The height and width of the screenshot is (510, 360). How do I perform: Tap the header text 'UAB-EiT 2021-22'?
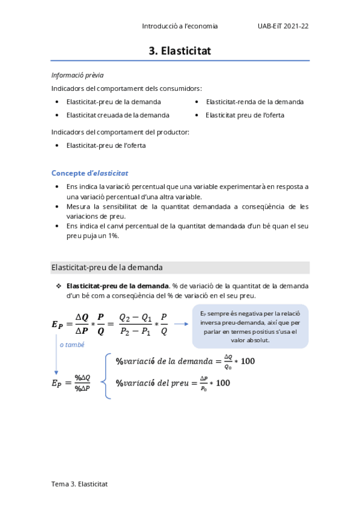coord(282,26)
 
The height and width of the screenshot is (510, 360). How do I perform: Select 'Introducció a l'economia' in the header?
coord(180,26)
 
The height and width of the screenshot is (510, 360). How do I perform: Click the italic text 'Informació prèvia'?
coord(78,75)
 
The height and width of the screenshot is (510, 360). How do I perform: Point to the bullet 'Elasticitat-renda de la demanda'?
coord(254,102)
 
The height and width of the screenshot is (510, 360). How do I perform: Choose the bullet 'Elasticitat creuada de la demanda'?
coord(118,115)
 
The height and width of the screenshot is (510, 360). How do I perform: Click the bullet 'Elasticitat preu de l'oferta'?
coord(245,115)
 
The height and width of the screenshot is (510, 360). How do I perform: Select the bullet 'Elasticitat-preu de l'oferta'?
coord(106,145)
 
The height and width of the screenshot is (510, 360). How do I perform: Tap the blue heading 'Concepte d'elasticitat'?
coord(90,173)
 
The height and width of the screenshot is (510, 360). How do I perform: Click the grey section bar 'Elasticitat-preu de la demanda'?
coord(180,267)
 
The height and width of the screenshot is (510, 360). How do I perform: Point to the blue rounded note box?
coord(250,327)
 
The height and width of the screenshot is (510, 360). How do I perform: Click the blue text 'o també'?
coord(72,345)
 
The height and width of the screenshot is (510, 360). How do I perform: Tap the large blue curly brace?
coord(108,376)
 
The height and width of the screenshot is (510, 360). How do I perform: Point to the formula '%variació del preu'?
coord(172,383)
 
